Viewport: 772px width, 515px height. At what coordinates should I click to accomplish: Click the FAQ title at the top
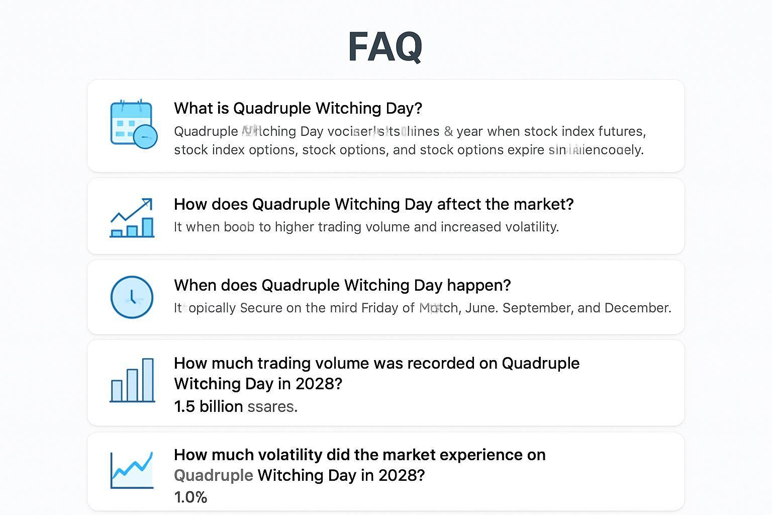point(385,47)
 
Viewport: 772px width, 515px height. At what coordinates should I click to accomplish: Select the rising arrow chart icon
point(132,217)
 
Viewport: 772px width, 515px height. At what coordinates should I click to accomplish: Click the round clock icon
point(132,297)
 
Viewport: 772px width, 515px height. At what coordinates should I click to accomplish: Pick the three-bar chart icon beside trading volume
point(132,380)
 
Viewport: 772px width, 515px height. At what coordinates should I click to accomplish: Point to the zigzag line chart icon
point(132,470)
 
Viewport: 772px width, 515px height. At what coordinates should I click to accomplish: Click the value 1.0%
point(190,497)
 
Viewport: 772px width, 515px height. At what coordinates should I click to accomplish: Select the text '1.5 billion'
point(208,406)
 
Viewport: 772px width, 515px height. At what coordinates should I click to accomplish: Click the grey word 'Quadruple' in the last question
point(213,475)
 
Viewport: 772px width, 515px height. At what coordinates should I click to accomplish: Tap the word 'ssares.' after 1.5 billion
point(272,406)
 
